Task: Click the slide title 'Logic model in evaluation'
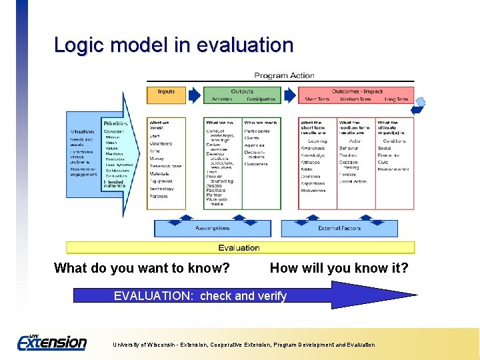tap(173, 45)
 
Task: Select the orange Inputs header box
tap(167, 92)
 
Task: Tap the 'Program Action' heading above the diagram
tap(284, 75)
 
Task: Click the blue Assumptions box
tap(213, 228)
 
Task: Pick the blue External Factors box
tap(339, 228)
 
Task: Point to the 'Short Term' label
tap(317, 99)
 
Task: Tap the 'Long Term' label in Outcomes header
tap(396, 99)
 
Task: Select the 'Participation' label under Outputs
tap(261, 99)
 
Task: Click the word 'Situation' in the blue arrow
tap(82, 132)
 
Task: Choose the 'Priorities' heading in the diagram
tap(115, 123)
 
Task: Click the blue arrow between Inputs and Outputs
tap(194, 95)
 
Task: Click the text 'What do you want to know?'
tap(142, 269)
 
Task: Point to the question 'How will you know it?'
tap(339, 269)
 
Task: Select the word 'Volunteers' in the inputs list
tap(161, 143)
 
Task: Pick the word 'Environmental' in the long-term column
tap(393, 169)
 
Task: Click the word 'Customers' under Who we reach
tap(256, 164)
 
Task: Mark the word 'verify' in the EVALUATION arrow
tap(270, 296)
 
